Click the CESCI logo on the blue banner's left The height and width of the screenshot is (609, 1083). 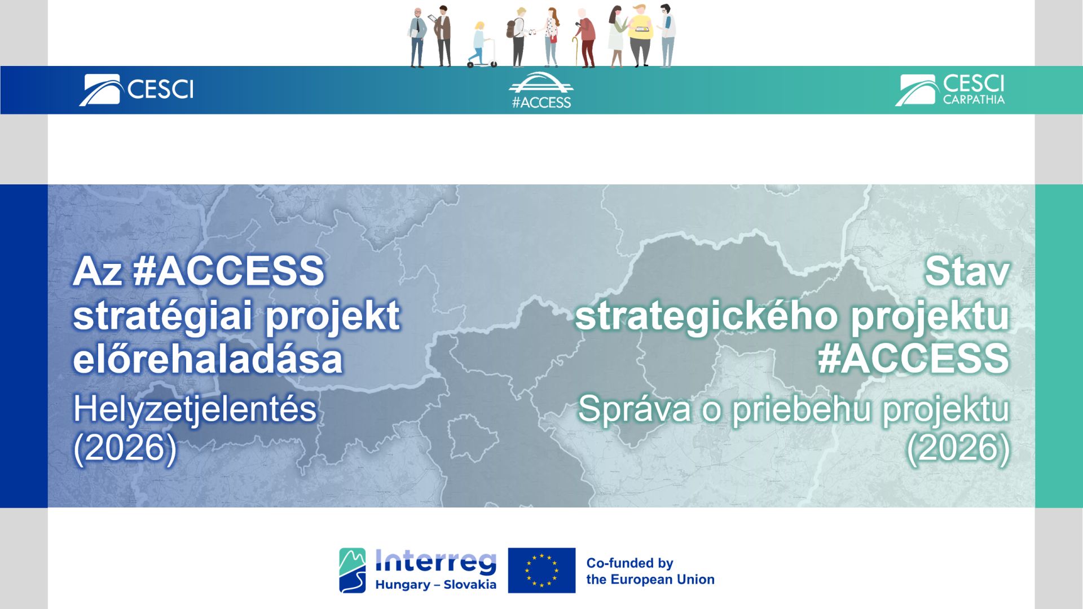click(137, 90)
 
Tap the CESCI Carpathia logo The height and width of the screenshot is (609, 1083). click(950, 90)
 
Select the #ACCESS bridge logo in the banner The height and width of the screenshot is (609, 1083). click(541, 90)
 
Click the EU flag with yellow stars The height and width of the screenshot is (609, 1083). click(541, 570)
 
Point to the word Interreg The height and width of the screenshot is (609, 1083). click(435, 562)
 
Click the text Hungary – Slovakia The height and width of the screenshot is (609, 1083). click(435, 585)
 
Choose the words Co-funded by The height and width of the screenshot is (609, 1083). click(629, 563)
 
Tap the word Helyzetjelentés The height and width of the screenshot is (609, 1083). click(195, 409)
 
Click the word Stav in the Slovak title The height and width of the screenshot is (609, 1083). click(967, 271)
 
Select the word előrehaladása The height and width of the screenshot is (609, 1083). click(208, 359)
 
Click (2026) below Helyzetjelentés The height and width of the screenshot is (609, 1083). click(125, 448)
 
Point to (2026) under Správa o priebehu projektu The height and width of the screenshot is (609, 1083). click(958, 448)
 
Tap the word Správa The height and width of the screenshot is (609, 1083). click(634, 409)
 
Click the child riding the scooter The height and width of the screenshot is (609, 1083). click(479, 45)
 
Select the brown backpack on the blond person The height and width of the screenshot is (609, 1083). click(511, 28)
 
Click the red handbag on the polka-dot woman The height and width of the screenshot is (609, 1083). click(554, 38)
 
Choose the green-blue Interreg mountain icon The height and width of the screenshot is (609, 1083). click(353, 570)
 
